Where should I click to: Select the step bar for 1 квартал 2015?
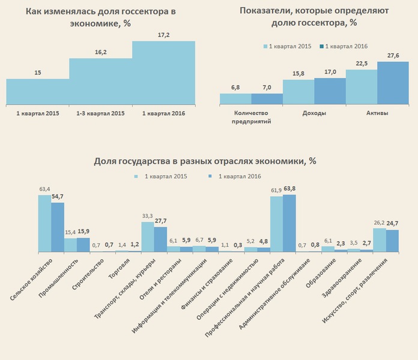(37, 91)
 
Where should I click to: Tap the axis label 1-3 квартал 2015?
(100, 113)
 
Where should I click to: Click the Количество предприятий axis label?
(250, 116)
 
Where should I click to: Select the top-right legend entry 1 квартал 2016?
(344, 46)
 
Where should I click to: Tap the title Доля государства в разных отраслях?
(205, 161)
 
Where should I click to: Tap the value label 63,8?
(289, 190)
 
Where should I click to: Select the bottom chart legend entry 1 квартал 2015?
(161, 176)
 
